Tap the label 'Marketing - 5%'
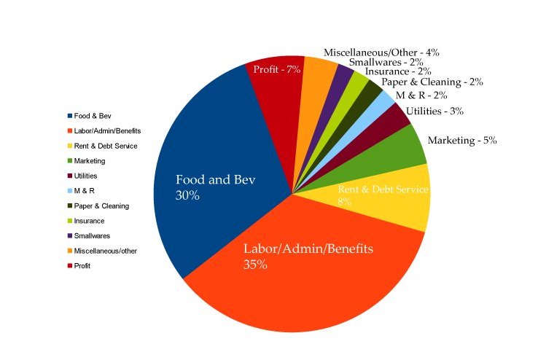[x=461, y=140]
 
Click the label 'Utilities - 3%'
[x=434, y=111]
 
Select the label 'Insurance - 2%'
[x=398, y=71]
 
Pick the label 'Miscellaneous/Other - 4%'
[x=381, y=52]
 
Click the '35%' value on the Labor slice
[x=255, y=265]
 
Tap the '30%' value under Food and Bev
[x=187, y=195]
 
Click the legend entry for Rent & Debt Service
[x=105, y=146]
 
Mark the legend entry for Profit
[x=82, y=265]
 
